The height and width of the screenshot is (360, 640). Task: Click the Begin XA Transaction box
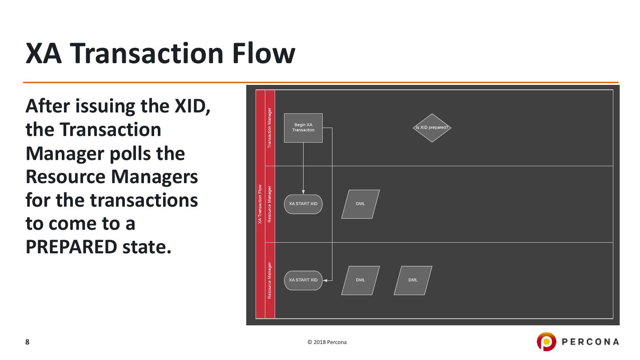click(303, 128)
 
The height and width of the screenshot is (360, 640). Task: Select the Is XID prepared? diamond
click(432, 128)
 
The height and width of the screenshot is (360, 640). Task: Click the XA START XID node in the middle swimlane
click(303, 204)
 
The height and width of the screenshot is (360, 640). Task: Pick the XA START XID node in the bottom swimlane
click(303, 280)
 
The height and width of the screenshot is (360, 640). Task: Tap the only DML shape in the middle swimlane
click(360, 204)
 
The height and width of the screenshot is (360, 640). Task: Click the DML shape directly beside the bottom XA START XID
click(360, 280)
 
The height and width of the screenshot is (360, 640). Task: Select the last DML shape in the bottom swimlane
click(413, 280)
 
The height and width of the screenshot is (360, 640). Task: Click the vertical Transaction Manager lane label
click(270, 128)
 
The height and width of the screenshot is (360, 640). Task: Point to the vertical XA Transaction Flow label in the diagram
click(260, 204)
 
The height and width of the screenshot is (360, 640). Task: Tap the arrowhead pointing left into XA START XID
click(325, 280)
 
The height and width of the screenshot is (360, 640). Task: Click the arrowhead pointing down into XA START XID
click(303, 192)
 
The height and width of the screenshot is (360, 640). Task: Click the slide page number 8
click(28, 342)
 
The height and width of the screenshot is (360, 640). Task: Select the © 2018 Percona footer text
click(327, 342)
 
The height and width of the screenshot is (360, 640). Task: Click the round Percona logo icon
click(545, 342)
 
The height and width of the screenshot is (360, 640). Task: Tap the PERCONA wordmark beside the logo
click(591, 342)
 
